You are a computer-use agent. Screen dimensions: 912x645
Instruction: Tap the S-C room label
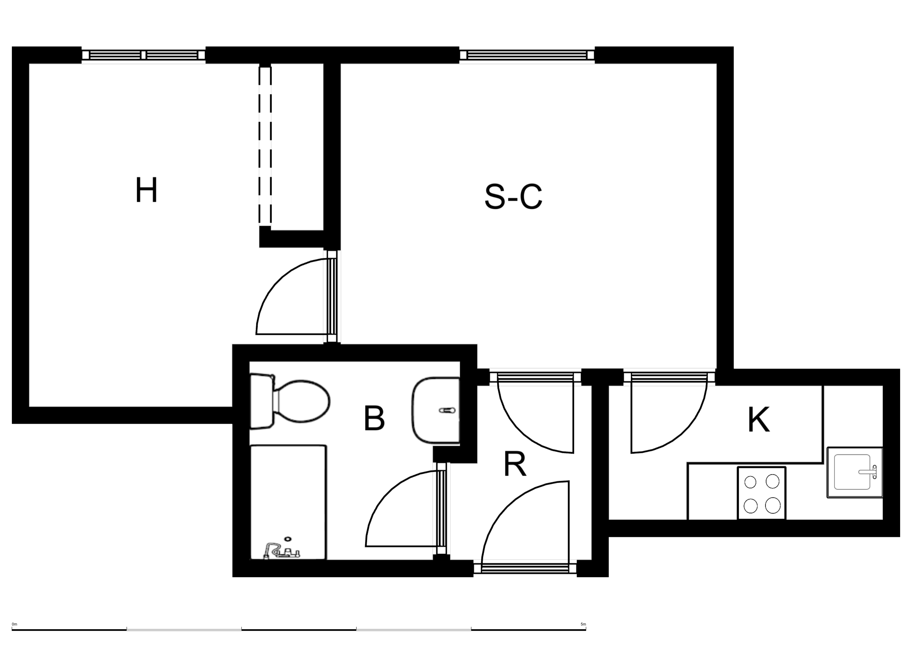(513, 196)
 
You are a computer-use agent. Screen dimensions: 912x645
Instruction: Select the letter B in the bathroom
(374, 418)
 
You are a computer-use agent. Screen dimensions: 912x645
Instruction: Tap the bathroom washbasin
(436, 411)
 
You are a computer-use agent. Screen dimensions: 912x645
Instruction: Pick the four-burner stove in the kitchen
(761, 493)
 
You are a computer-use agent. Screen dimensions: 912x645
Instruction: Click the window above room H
(143, 55)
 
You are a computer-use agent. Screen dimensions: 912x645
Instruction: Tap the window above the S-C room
(527, 55)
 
